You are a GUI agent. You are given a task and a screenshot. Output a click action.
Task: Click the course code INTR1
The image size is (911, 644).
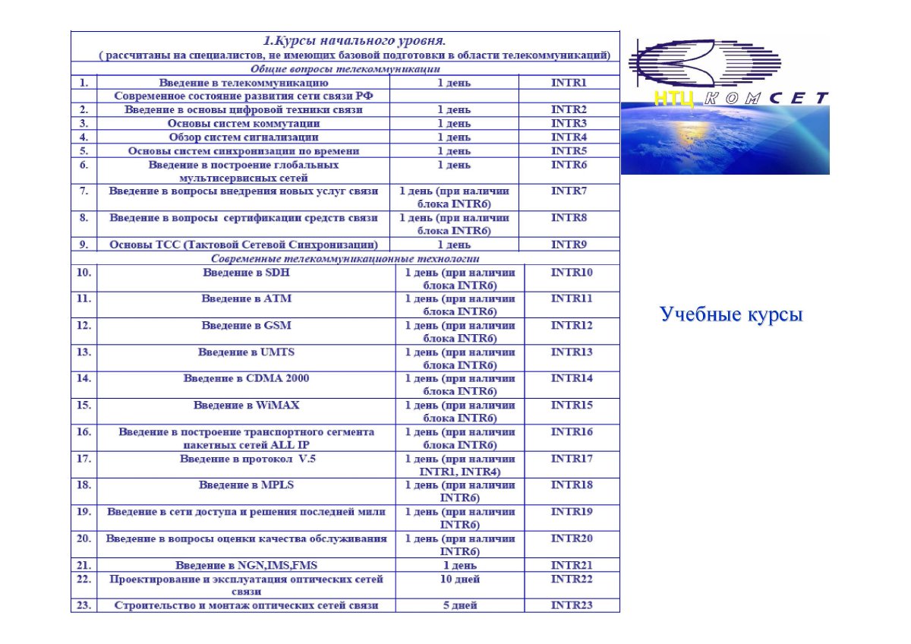[x=569, y=82]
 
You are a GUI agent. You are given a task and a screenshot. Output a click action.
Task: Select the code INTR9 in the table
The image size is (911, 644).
[x=569, y=245]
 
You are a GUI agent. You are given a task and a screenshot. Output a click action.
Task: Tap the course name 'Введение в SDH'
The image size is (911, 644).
[x=246, y=272]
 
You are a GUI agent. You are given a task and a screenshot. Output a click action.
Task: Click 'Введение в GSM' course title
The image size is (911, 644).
[x=246, y=325]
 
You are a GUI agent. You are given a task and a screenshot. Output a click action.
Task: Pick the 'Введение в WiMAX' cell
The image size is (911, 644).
[x=246, y=405]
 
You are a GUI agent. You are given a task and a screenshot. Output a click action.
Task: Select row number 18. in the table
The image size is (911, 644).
[x=84, y=485]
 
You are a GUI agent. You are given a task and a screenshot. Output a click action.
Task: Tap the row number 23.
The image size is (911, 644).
[x=84, y=605]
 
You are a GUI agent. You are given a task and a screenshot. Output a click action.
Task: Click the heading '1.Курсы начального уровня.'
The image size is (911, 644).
[x=355, y=40]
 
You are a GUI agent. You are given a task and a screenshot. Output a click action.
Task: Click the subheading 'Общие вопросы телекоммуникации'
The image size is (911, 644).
[x=345, y=68]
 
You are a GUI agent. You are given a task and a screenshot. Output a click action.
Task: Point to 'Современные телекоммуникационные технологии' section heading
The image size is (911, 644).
[x=345, y=258]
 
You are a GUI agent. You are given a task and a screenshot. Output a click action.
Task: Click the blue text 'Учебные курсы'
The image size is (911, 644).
[x=731, y=314]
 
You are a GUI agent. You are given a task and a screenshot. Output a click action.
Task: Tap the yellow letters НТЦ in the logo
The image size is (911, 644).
[x=673, y=98]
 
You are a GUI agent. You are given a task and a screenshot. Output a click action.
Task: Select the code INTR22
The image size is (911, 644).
[x=572, y=579]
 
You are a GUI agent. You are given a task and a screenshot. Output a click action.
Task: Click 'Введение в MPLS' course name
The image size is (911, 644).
[x=246, y=485]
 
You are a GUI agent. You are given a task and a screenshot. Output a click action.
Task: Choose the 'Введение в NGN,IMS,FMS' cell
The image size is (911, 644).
[x=246, y=565]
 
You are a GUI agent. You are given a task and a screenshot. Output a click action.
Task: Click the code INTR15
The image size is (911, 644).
[x=572, y=405]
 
